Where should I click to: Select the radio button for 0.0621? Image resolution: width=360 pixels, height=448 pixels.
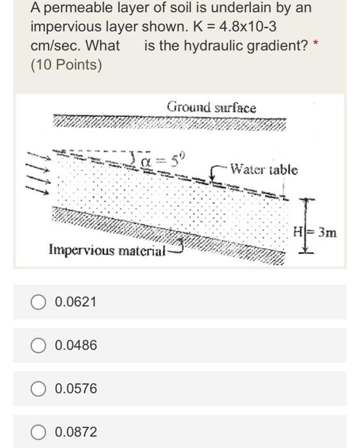40,301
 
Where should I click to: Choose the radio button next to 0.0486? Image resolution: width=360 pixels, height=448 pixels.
40,345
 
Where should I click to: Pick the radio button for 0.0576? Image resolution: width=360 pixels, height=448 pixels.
40,388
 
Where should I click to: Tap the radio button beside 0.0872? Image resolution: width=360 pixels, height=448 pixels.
40,432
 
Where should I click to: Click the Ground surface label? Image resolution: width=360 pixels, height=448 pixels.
211,108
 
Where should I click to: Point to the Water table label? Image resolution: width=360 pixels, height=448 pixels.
263,170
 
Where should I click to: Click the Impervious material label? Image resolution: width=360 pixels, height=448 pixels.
107,249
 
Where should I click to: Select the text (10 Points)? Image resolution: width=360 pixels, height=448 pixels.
66,65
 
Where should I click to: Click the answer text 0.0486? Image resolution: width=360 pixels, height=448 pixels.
76,345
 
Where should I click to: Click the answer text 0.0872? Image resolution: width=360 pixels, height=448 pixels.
76,432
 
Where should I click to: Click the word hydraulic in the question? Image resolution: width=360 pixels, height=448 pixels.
220,47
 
